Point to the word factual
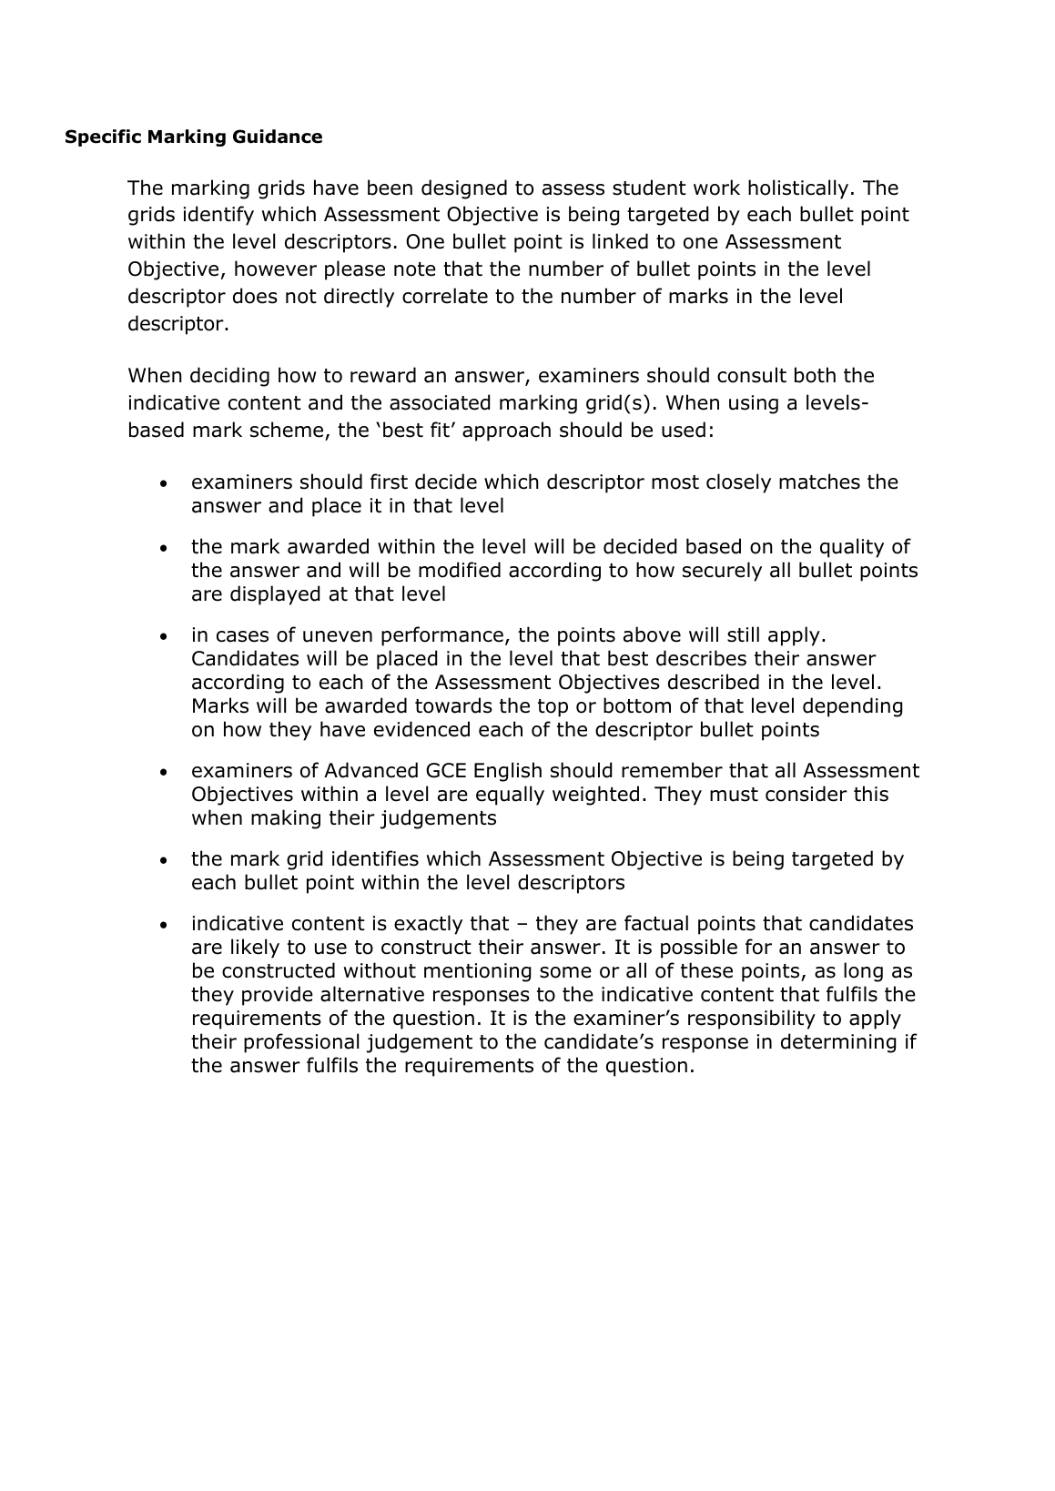653,924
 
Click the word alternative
376,995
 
